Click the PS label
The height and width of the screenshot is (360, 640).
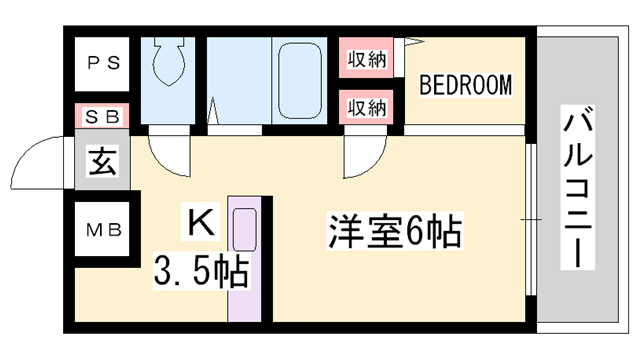click(103, 62)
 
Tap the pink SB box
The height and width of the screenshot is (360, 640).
click(103, 115)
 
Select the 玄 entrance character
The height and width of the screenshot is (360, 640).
click(103, 160)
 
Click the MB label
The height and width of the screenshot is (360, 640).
click(103, 230)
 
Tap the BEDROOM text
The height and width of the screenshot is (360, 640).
click(465, 85)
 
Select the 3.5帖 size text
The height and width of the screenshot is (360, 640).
click(200, 270)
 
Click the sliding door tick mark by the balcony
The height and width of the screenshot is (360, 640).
click(530, 218)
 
